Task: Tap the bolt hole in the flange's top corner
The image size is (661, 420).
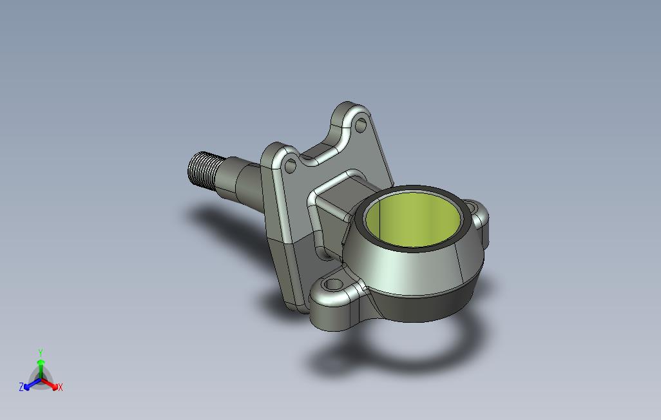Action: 361,125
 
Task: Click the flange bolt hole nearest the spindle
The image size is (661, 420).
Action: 290,166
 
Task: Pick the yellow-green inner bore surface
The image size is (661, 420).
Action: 413,222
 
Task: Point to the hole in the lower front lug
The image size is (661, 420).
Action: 333,285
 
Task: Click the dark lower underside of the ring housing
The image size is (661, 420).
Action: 426,306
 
